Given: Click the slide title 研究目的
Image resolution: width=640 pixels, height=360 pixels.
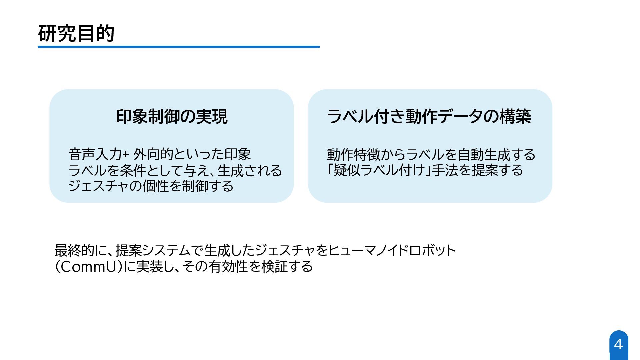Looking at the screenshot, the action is click(76, 33).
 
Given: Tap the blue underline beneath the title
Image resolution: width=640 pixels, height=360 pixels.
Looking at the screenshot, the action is click(179, 47).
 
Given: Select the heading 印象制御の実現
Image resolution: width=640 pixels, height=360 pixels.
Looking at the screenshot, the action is click(172, 116).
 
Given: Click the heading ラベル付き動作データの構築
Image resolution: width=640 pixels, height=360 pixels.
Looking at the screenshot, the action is click(429, 116).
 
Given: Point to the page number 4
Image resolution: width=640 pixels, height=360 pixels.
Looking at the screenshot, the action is click(618, 344).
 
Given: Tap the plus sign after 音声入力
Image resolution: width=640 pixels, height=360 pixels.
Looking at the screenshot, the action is click(126, 155).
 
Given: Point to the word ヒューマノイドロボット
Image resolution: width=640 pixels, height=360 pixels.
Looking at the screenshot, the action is click(392, 250).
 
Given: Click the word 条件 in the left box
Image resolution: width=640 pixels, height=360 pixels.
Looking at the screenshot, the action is click(133, 171).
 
